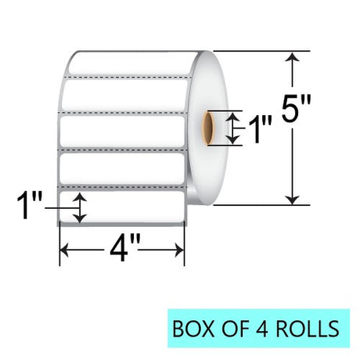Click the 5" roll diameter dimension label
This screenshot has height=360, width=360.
pos(297,108)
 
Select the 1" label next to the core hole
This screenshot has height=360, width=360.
pos(260,129)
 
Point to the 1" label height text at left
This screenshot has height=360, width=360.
pos(29,205)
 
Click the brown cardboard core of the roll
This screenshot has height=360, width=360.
pos(208,128)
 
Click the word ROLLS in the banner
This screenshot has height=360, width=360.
pos(308,329)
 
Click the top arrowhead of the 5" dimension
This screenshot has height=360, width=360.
pos(293,57)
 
